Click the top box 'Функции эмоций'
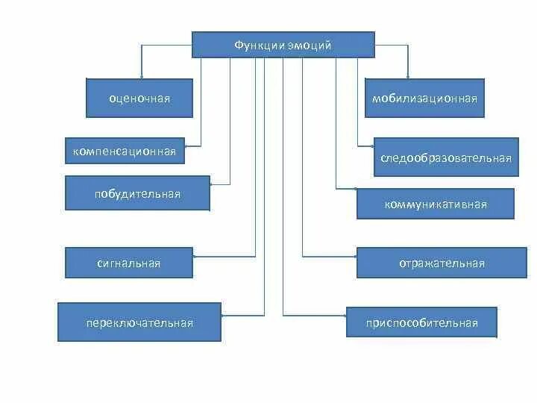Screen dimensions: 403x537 pyautogui.click(x=283, y=45)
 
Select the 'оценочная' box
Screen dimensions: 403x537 pyautogui.click(x=139, y=98)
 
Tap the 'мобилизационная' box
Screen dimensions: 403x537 pyautogui.click(x=424, y=98)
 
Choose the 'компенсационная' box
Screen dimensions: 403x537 pyautogui.click(x=125, y=151)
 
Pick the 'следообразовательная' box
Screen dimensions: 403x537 pyautogui.click(x=446, y=157)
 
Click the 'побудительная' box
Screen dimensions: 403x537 pyautogui.click(x=137, y=194)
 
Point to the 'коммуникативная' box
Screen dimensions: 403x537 pyautogui.click(x=436, y=204)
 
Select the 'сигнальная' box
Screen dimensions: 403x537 pyautogui.click(x=129, y=263)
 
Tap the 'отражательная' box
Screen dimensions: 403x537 pyautogui.click(x=442, y=263)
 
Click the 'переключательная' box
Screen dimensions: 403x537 pyautogui.click(x=139, y=322)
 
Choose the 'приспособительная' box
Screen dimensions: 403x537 pyautogui.click(x=421, y=322)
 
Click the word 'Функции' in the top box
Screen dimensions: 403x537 pyautogui.click(x=255, y=46)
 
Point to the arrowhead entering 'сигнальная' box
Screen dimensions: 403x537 pyautogui.click(x=195, y=256)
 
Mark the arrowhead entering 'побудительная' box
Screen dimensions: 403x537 pyautogui.click(x=213, y=183)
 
